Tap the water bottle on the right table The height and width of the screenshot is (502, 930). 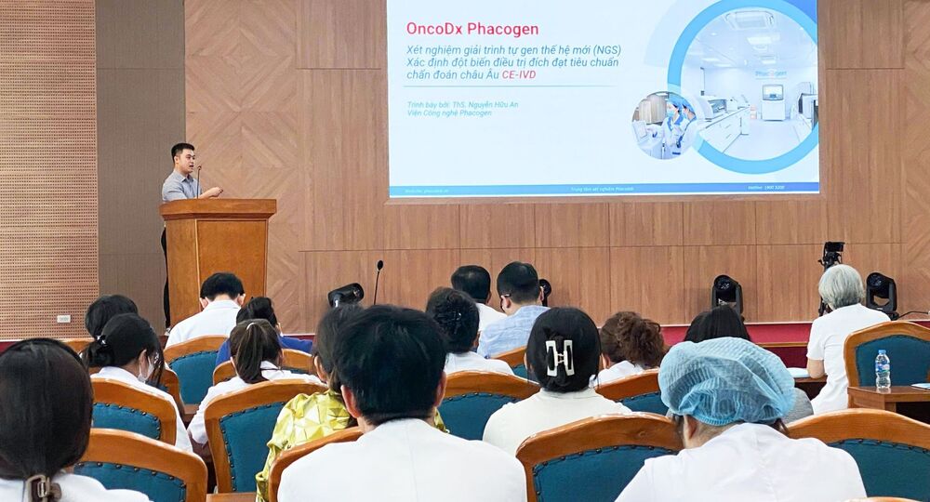[882, 370]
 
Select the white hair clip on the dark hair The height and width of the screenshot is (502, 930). [560, 357]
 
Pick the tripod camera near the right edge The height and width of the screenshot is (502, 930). [830, 256]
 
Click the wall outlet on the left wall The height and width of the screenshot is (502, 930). [63, 319]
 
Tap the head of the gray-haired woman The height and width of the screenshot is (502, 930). [841, 286]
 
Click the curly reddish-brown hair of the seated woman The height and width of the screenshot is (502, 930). [633, 338]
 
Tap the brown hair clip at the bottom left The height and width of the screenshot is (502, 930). [43, 488]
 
